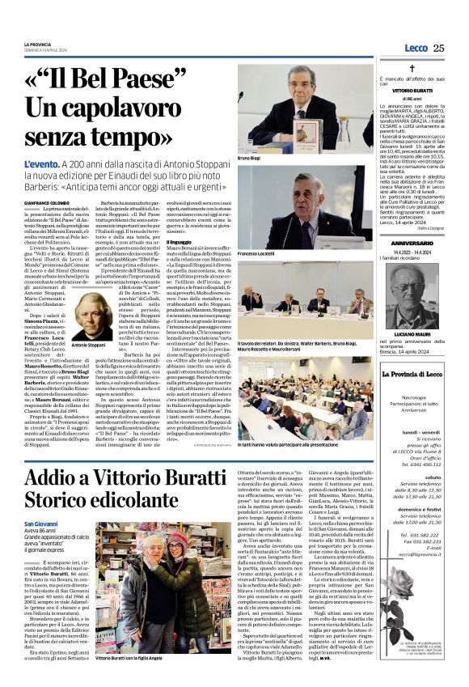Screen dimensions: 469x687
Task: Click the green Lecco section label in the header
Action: pos(416,48)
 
